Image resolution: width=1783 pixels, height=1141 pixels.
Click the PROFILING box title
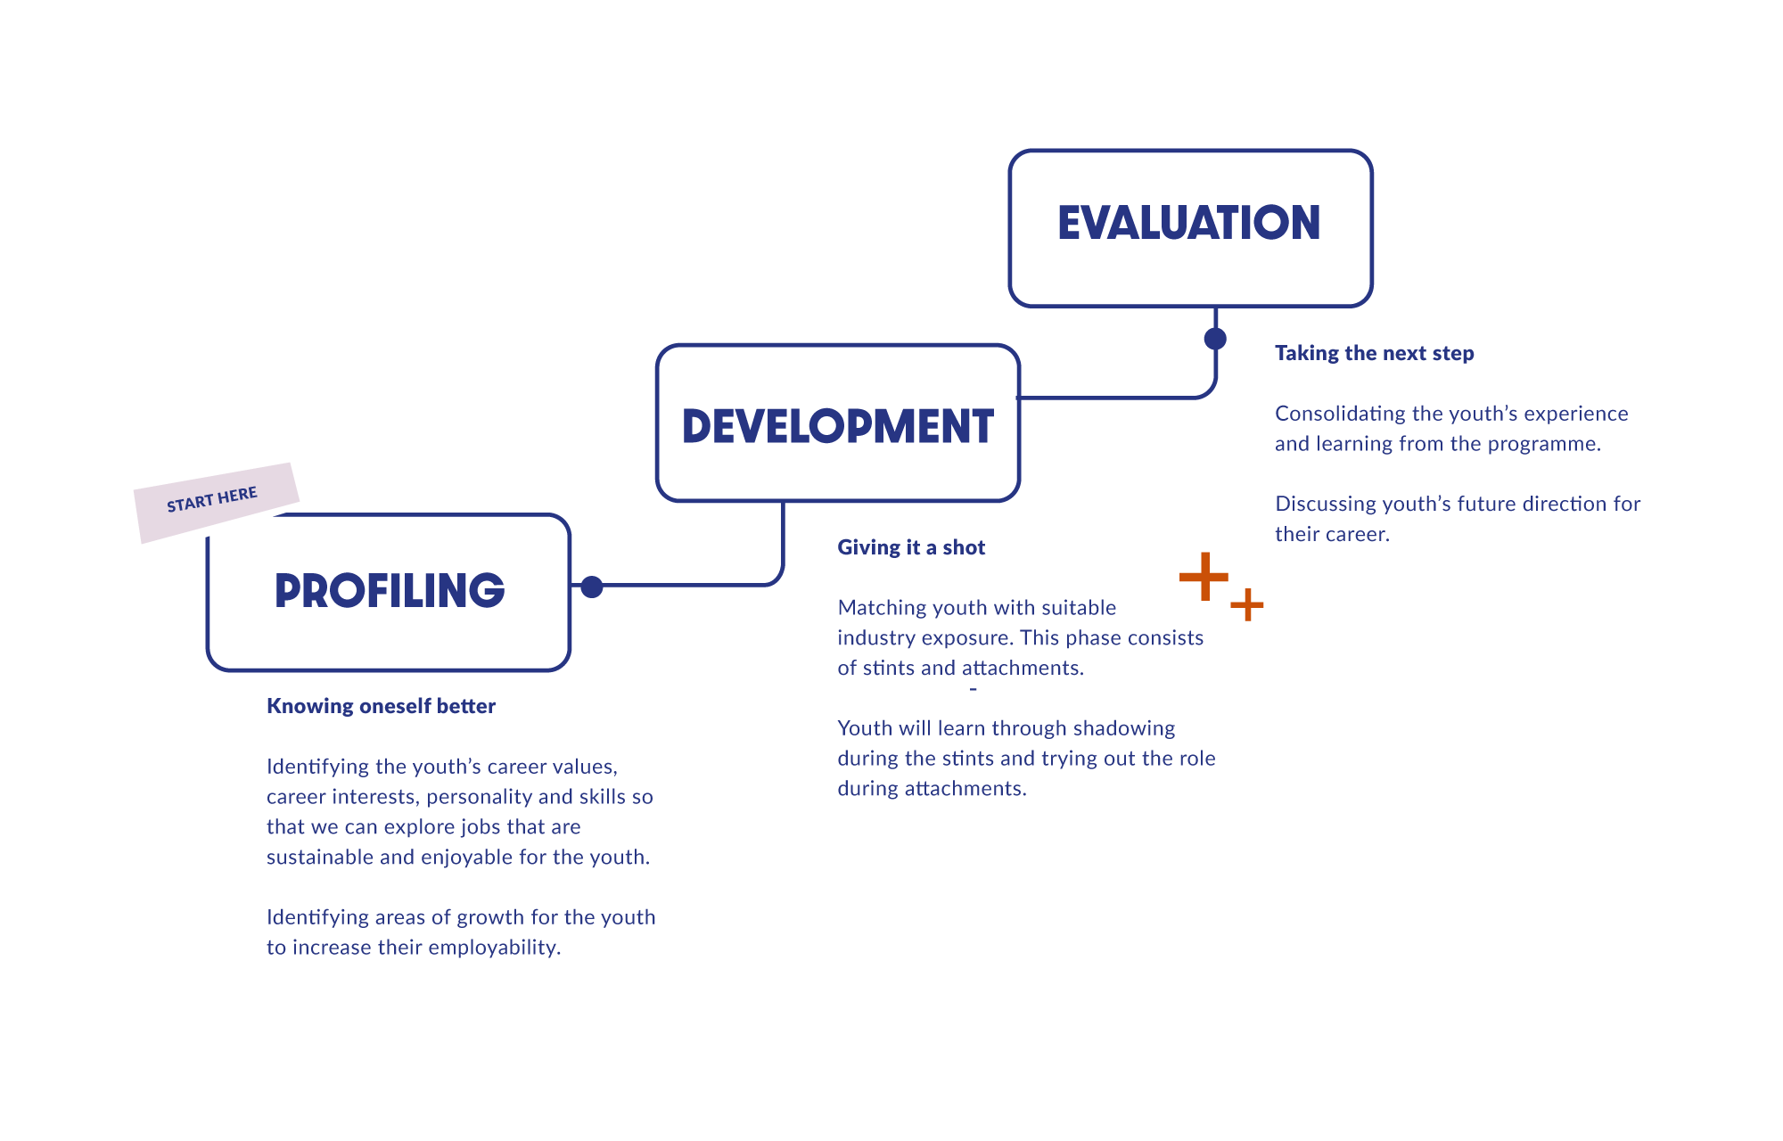[x=390, y=590]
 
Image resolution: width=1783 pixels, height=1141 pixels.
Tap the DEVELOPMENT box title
[x=838, y=426]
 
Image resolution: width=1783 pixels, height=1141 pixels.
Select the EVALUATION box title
[x=1189, y=223]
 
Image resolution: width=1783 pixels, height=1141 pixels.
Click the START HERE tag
[x=212, y=499]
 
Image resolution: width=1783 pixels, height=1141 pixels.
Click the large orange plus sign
[x=1204, y=577]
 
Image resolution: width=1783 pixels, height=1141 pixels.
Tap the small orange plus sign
[x=1247, y=604]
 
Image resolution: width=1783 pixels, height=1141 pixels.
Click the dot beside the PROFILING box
[x=592, y=587]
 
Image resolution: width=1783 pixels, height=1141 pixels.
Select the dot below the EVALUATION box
[x=1215, y=339]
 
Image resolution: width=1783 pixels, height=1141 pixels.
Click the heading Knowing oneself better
[x=381, y=706]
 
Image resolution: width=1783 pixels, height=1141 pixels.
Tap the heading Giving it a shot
[x=911, y=547]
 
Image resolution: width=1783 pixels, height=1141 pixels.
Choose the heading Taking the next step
[x=1374, y=353]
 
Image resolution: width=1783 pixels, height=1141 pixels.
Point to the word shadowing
[x=1124, y=729]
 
